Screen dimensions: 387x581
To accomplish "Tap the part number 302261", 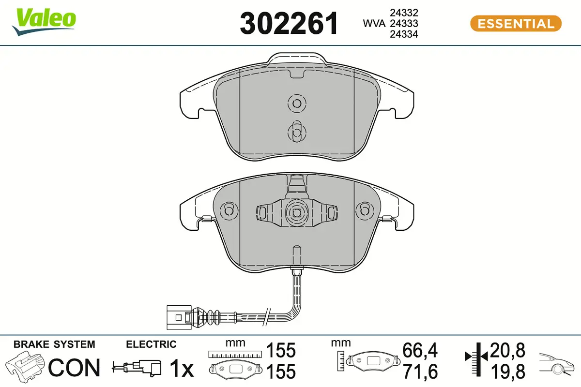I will [289, 23].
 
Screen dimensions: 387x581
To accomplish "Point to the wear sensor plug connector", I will [178, 317].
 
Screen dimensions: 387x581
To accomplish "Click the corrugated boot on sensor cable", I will [210, 317].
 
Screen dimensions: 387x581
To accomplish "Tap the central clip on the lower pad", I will [295, 211].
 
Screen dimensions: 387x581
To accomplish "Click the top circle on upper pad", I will [295, 103].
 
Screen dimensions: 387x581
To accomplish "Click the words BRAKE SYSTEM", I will [54, 344].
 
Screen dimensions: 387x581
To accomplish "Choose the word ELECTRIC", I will [151, 344].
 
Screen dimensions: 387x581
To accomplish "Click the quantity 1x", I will [182, 369].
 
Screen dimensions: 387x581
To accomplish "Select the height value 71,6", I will [420, 372].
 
